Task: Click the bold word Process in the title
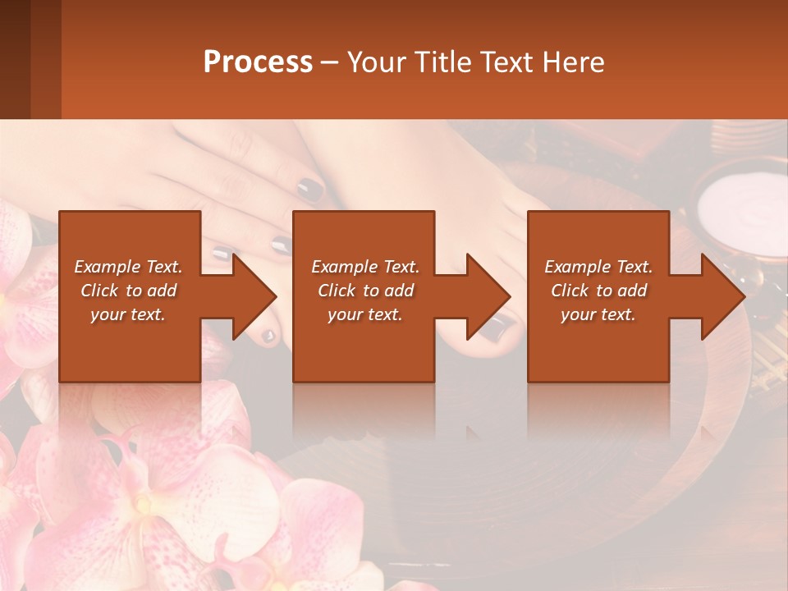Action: point(258,62)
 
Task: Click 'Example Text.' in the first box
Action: point(128,267)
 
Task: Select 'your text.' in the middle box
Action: point(364,314)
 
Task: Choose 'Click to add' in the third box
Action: point(598,291)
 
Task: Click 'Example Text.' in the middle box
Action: point(364,267)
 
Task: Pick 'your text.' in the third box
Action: point(598,314)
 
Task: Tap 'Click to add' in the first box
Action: point(128,291)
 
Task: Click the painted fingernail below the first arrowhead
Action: point(268,336)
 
